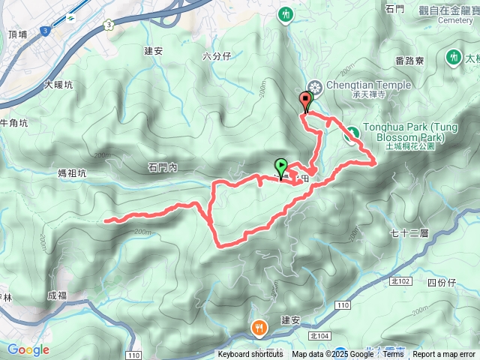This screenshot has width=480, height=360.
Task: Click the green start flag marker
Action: [280, 166]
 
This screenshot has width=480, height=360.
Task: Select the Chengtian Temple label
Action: [369, 85]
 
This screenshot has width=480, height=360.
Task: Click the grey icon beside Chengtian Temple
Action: [315, 87]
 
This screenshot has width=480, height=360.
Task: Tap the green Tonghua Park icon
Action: [350, 134]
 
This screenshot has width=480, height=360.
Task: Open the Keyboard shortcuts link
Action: [250, 355]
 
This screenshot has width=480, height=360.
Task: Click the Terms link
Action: [393, 355]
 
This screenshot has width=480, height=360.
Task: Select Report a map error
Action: [445, 355]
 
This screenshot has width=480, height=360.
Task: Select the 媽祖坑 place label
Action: [72, 173]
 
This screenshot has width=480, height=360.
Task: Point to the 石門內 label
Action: [162, 168]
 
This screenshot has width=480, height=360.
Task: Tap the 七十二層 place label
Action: [409, 233]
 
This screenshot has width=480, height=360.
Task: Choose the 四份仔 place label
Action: [441, 282]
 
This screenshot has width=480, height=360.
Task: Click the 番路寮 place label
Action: [409, 60]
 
